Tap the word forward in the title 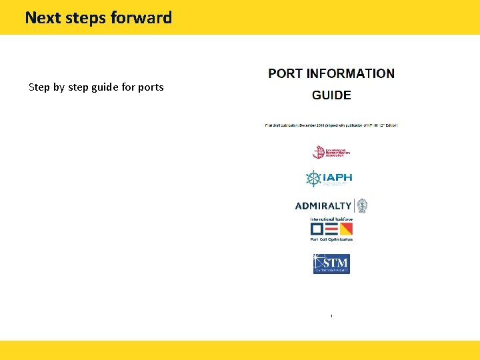point(141,18)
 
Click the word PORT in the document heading point(285,74)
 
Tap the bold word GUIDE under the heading point(331,95)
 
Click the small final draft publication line point(331,125)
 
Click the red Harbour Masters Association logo point(331,152)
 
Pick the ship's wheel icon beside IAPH point(313,179)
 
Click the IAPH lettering point(337,177)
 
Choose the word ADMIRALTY point(323,206)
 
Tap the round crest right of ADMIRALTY point(361,205)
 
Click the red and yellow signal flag point(346,229)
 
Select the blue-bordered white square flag point(317,229)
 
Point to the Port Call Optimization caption point(331,239)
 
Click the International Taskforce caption point(331,219)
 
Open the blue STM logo point(331,264)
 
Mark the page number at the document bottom point(331,315)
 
